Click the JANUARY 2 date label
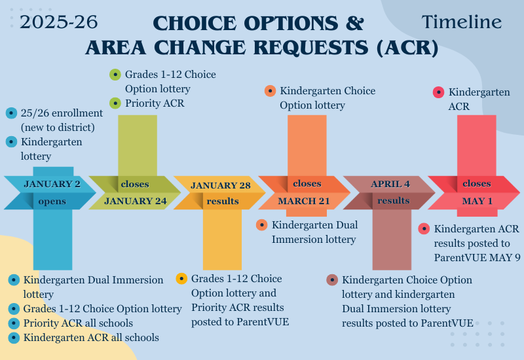click(x=52, y=184)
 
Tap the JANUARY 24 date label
click(x=136, y=201)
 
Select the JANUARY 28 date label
click(x=221, y=185)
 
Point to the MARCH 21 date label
click(x=304, y=201)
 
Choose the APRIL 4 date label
click(x=390, y=184)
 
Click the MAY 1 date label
click(x=477, y=201)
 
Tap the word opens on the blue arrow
click(x=52, y=202)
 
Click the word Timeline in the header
click(x=462, y=22)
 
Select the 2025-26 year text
click(x=59, y=22)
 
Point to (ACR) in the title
click(x=407, y=47)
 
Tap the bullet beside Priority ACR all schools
click(x=14, y=323)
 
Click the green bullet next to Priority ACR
click(x=115, y=103)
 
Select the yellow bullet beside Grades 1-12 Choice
click(x=181, y=279)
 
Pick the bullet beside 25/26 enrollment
click(x=11, y=113)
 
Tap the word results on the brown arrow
click(x=394, y=201)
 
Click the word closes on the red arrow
click(x=477, y=184)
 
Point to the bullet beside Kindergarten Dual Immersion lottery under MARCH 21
click(x=261, y=225)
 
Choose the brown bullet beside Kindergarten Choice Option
click(x=332, y=280)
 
